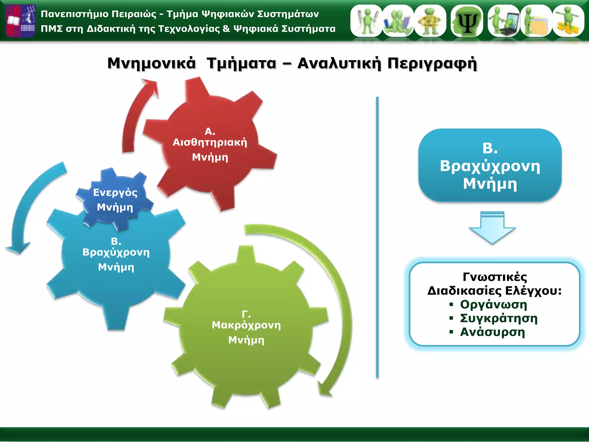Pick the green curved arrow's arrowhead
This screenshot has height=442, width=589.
pyautogui.click(x=325, y=388)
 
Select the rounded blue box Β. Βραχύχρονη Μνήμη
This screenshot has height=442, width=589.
pyautogui.click(x=490, y=165)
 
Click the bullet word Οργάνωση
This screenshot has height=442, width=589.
pyautogui.click(x=494, y=304)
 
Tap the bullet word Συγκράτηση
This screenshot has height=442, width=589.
pyautogui.click(x=499, y=318)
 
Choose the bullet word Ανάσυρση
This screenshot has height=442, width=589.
pyautogui.click(x=492, y=332)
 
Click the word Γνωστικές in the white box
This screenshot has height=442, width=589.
pyautogui.click(x=495, y=277)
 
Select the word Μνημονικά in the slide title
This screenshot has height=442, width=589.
pyautogui.click(x=151, y=63)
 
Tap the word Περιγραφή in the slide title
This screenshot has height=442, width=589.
pyautogui.click(x=432, y=63)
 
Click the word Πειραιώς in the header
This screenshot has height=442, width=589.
pyautogui.click(x=134, y=14)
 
